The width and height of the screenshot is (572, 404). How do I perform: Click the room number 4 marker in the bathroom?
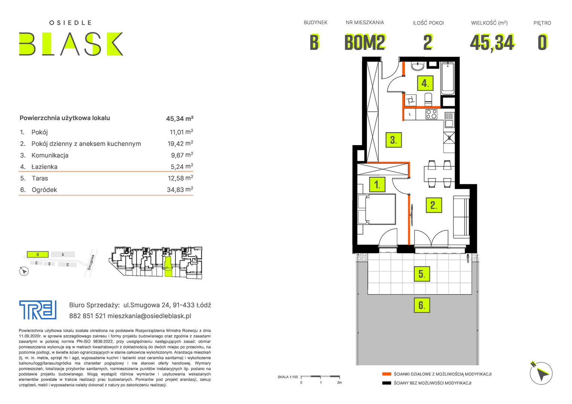click(x=425, y=83)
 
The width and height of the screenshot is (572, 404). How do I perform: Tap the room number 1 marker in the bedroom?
click(x=377, y=184)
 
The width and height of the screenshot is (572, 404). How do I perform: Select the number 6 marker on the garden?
click(x=422, y=305)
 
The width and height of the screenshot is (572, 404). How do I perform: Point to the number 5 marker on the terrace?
click(x=422, y=274)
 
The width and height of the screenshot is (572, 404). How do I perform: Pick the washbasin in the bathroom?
click(x=417, y=66)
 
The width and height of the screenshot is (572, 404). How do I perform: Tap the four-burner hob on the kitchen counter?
click(x=431, y=114)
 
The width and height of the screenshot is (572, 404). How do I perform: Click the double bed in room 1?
click(x=377, y=209)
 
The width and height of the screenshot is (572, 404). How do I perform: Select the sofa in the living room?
click(x=462, y=217)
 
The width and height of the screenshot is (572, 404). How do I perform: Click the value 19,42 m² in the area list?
click(x=180, y=143)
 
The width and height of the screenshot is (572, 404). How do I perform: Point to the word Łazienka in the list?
click(x=45, y=167)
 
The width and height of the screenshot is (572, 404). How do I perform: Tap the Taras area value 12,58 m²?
click(x=180, y=178)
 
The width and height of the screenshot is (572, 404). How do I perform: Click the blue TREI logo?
click(x=38, y=310)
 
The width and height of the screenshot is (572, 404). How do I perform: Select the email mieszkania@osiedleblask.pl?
click(x=149, y=316)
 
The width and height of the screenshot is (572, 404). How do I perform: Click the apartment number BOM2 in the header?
click(x=365, y=42)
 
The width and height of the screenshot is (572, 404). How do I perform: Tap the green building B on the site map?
click(x=38, y=254)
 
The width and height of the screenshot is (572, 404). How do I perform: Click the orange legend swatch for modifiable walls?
click(x=387, y=374)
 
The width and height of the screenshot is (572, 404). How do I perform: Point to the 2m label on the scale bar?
click(x=340, y=383)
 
